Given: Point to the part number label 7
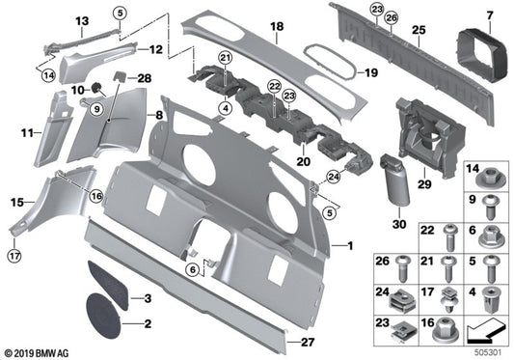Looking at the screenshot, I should (489, 15).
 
